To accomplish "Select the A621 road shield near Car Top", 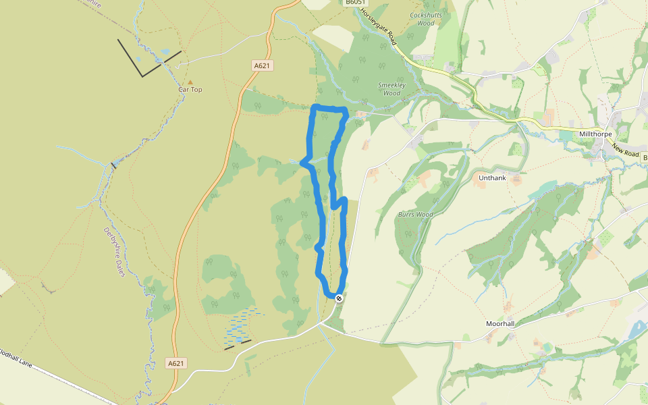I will [262, 65].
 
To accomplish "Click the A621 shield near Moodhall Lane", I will [175, 363].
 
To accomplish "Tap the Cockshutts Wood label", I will [423, 18].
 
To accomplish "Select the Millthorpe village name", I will [595, 134].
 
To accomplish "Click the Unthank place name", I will [491, 178].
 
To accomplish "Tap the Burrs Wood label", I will [415, 215].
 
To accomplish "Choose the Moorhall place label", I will [500, 324].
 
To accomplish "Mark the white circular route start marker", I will [339, 298].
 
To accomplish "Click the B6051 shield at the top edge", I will [356, 3].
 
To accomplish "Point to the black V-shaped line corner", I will [142, 76].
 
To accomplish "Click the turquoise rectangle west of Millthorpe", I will [565, 136].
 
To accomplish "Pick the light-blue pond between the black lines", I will [165, 51].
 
